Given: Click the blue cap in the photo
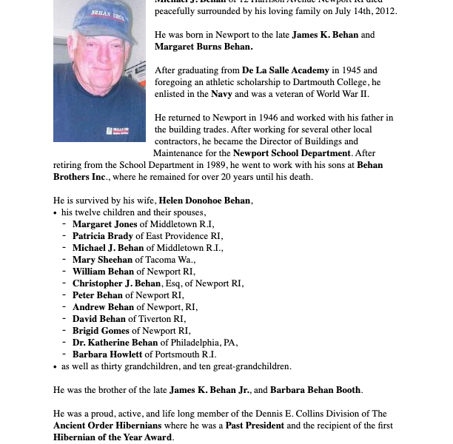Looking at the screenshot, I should click(104, 18).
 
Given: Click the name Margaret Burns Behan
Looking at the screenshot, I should click(204, 47).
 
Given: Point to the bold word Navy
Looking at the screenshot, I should click(221, 94).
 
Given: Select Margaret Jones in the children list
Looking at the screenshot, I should click(104, 224).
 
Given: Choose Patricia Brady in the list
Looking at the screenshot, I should click(103, 236).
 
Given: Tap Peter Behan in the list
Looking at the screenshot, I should click(97, 295).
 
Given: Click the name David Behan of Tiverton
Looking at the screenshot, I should click(98, 319).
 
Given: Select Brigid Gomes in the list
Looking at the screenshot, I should click(101, 331).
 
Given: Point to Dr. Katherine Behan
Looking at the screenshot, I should click(115, 343).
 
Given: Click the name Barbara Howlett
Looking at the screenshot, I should click(107, 354).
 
